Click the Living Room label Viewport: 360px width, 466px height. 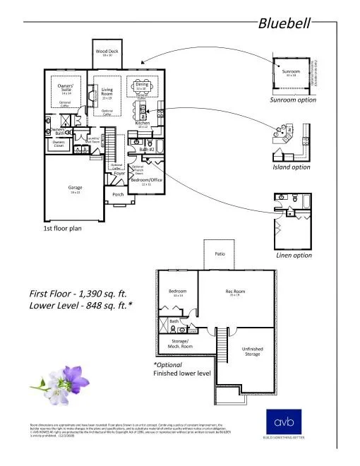pos(107,91)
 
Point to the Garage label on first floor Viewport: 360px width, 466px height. pos(75,188)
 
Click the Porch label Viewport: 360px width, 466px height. pos(118,194)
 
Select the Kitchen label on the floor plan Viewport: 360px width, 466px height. pos(143,123)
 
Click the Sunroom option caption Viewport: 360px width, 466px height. pos(293,100)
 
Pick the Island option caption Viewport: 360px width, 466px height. pos(291,167)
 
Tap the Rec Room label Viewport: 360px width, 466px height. pos(235,292)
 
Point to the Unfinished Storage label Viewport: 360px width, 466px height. pos(252,351)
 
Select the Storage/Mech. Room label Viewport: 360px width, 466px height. pos(174,343)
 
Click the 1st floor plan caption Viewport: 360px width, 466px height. pos(64,229)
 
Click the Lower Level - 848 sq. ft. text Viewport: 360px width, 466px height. pos(80,306)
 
